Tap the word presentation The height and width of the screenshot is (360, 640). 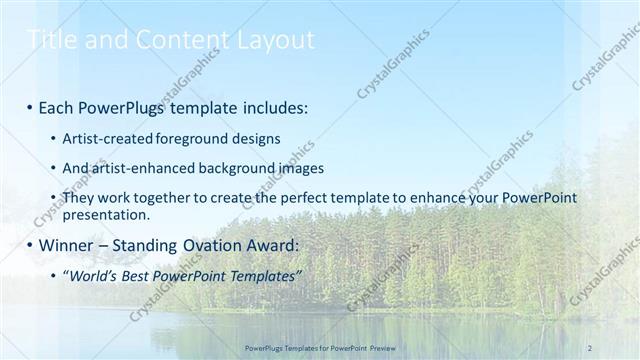pos(106,214)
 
